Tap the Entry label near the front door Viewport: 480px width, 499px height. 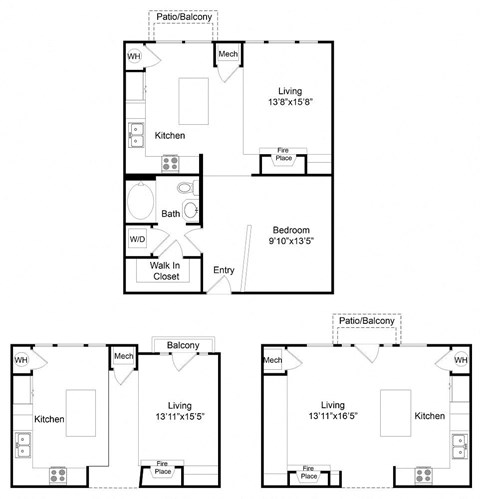[224, 270]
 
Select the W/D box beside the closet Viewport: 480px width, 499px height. [138, 240]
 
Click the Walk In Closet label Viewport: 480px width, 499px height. [165, 270]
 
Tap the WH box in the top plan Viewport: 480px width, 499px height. [134, 57]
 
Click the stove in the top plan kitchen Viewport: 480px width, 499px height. [169, 160]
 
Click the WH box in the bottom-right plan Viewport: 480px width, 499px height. [460, 359]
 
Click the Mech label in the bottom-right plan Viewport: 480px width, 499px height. [273, 359]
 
